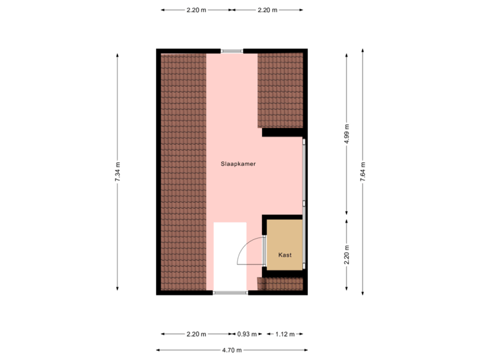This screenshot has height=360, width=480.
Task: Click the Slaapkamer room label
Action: point(239,163)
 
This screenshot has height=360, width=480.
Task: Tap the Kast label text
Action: point(285,255)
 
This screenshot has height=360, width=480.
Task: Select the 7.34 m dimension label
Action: point(117,173)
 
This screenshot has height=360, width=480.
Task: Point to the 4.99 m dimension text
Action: point(347,133)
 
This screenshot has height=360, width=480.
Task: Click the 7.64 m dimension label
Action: point(363,173)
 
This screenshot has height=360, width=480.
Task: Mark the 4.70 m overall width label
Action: point(232,349)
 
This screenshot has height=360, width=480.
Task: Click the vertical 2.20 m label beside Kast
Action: point(347,255)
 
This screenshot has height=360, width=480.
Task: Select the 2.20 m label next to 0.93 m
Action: point(197,334)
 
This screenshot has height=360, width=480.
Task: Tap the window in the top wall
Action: point(232,50)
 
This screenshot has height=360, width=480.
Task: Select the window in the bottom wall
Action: point(230,293)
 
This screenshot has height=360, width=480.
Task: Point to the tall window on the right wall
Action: point(304,172)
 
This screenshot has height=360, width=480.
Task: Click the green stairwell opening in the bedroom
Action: point(229,257)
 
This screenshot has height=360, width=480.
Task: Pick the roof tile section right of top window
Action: point(280,90)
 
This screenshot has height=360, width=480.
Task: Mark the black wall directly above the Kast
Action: point(283,217)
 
